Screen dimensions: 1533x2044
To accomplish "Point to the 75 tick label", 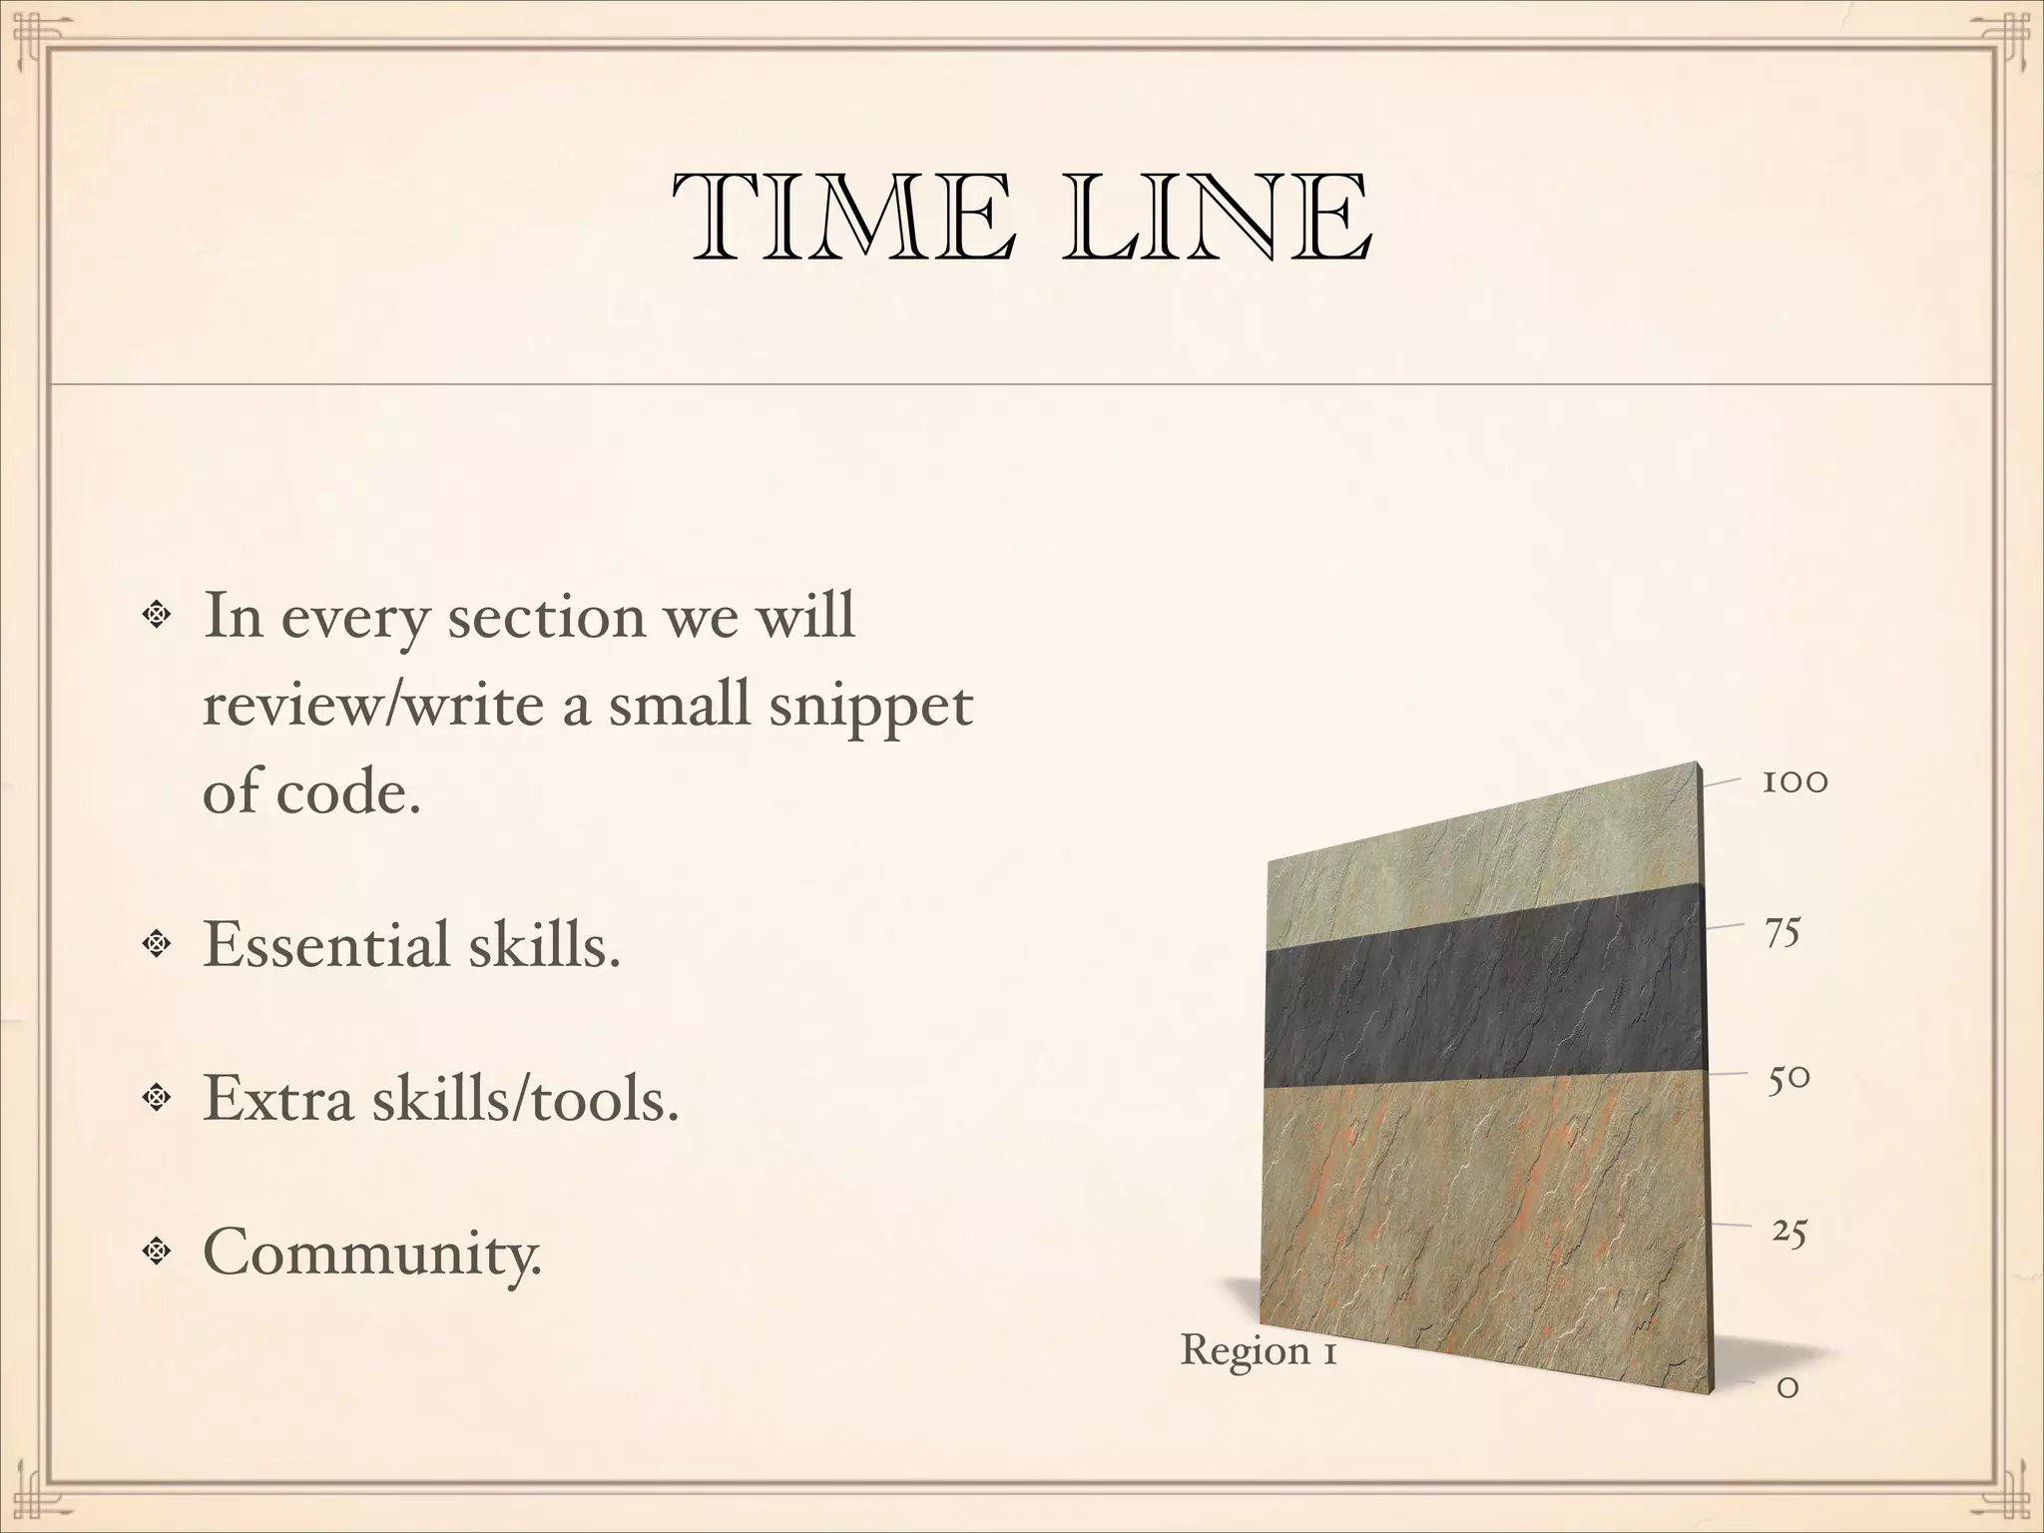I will coord(1783,932).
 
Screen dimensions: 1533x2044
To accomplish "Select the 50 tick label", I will coord(1788,1080).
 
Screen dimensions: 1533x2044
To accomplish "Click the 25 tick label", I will coord(1788,1233).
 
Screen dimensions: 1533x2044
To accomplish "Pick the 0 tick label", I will coord(1788,1387).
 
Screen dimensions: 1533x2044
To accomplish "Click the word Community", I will coord(372,1251).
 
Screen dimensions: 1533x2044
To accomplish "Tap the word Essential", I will coord(325,944).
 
